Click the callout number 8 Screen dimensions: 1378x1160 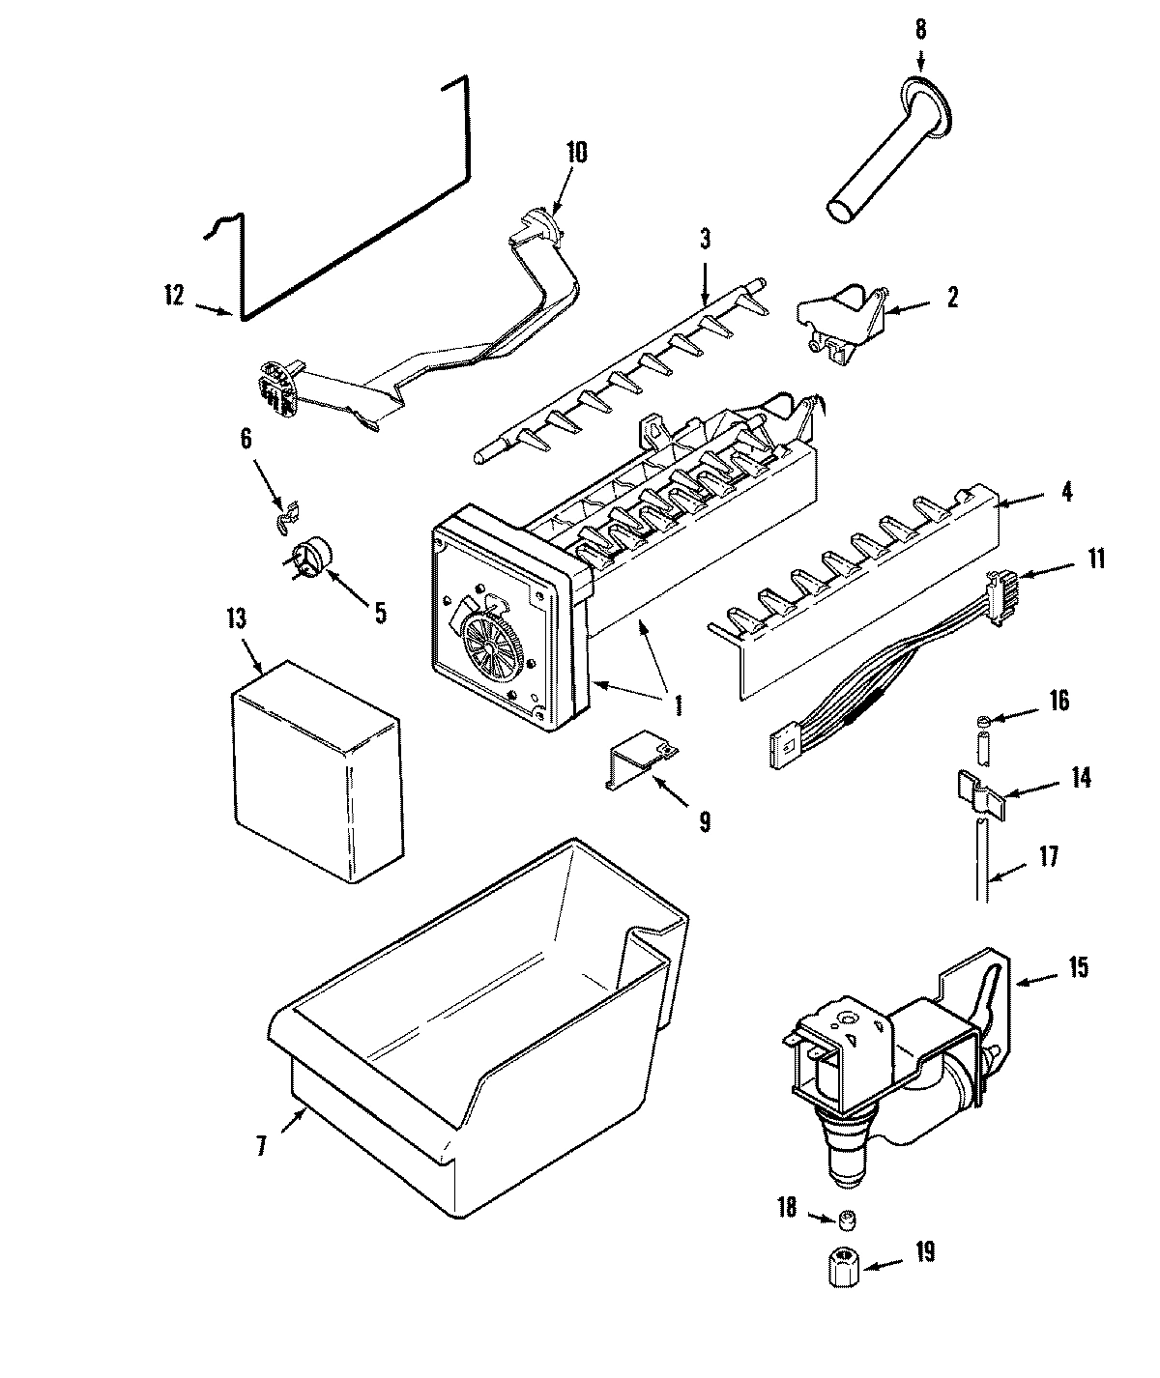(919, 29)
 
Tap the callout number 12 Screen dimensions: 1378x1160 (174, 296)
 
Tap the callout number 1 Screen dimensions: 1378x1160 (679, 706)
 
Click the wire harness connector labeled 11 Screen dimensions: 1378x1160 (996, 589)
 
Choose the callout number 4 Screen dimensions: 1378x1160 (1066, 492)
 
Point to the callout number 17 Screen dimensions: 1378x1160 (1050, 855)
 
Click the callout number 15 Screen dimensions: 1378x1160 (1079, 965)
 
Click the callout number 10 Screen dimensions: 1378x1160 (576, 153)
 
